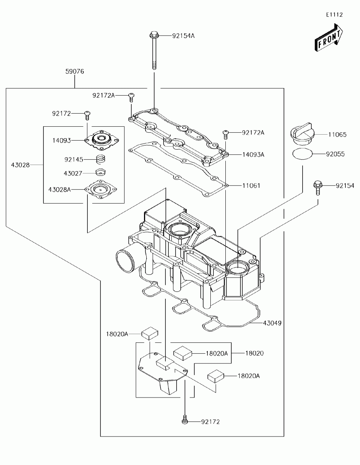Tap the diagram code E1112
click(x=334, y=15)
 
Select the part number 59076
click(x=75, y=72)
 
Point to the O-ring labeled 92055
click(x=303, y=154)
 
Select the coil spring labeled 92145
click(x=100, y=159)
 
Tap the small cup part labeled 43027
click(x=100, y=172)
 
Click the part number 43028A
click(x=60, y=190)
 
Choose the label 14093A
click(x=253, y=154)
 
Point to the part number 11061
click(x=251, y=186)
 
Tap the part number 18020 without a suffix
click(x=254, y=353)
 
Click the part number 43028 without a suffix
click(x=20, y=165)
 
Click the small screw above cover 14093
click(x=87, y=115)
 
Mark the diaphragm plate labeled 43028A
click(x=101, y=189)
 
